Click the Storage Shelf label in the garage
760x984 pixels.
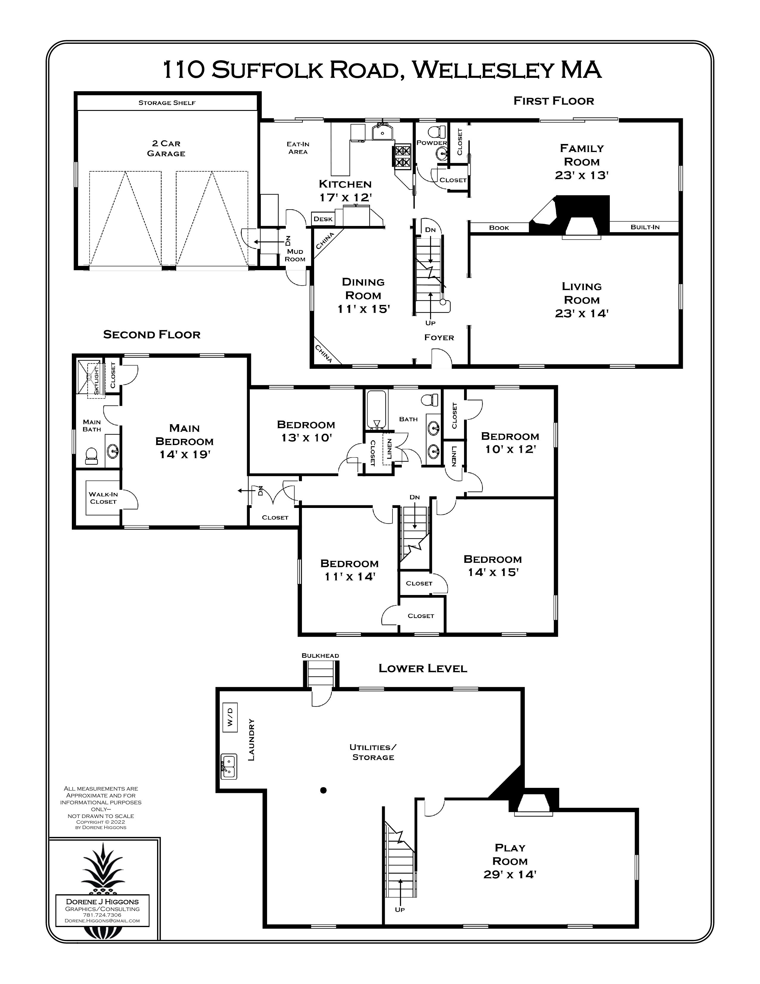pyautogui.click(x=167, y=103)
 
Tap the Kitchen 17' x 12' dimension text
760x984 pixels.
pyautogui.click(x=345, y=197)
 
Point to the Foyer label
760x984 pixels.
pyautogui.click(x=439, y=337)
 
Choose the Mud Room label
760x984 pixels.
pyautogui.click(x=295, y=255)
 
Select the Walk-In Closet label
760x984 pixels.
pyautogui.click(x=103, y=498)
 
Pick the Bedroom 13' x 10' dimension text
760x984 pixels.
pyautogui.click(x=306, y=438)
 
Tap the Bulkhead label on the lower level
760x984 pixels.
pyautogui.click(x=320, y=656)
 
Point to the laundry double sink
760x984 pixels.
pyautogui.click(x=229, y=766)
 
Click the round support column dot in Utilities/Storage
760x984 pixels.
pyautogui.click(x=323, y=790)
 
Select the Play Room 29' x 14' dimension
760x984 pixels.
pyautogui.click(x=510, y=875)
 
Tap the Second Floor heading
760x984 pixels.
pyautogui.click(x=152, y=334)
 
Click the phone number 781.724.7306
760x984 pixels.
pyautogui.click(x=102, y=915)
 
